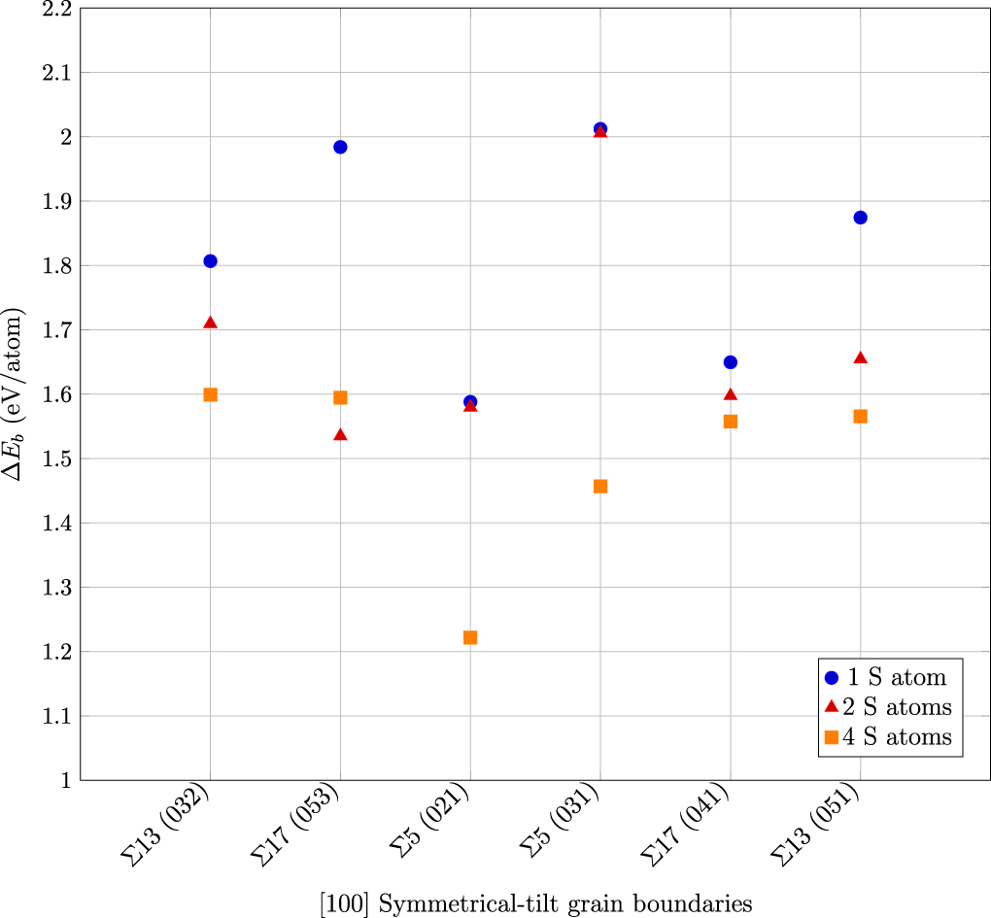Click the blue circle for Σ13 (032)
tap(210, 261)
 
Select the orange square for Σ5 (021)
tap(470, 637)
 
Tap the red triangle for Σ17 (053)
tap(340, 434)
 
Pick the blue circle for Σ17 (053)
tap(340, 147)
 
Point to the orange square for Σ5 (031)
tap(600, 486)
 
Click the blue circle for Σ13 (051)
tap(860, 218)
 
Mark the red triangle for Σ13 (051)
tap(860, 357)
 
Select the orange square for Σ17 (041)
tap(731, 422)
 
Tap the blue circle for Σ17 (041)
tap(731, 362)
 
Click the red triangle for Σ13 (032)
tap(210, 323)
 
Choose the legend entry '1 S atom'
tap(884, 678)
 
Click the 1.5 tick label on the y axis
tap(56, 459)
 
